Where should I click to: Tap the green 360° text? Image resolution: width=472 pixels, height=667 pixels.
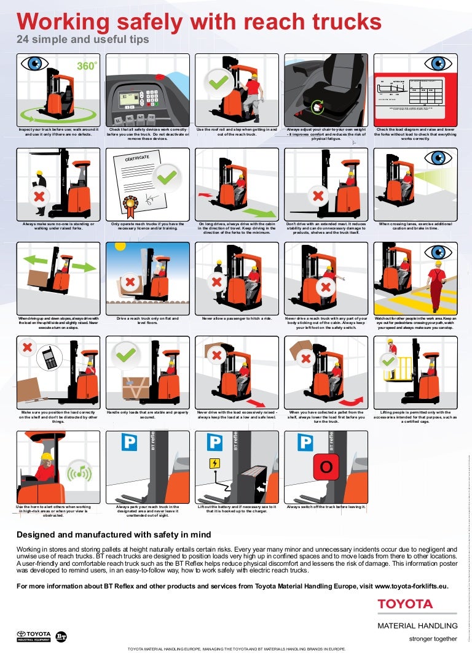[x=87, y=66]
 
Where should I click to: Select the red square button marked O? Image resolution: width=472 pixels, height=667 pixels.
[x=326, y=467]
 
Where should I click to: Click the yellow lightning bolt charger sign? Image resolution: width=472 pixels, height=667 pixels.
[x=214, y=463]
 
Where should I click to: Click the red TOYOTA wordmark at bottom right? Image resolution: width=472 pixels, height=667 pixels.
[x=405, y=604]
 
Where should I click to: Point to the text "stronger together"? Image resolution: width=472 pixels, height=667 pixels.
[x=433, y=639]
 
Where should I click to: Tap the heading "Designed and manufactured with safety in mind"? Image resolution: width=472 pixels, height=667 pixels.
[x=114, y=534]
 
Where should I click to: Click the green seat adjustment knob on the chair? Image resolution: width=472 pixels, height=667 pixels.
[x=318, y=107]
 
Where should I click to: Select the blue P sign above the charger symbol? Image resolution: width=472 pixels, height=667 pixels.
[x=214, y=442]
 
